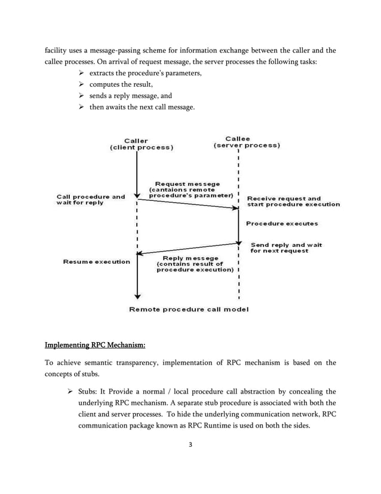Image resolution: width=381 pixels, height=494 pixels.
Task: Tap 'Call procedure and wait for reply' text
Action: coord(90,199)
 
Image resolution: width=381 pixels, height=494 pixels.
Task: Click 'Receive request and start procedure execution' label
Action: coord(293,201)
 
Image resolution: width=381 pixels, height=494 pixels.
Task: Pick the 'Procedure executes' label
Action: coord(282,224)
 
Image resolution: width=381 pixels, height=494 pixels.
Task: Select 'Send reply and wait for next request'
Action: coord(286,248)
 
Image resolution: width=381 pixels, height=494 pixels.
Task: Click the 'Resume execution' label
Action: coord(96,261)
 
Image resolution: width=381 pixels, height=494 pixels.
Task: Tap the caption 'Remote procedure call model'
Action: coord(188,309)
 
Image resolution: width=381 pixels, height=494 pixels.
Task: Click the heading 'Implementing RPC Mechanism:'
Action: coord(95,345)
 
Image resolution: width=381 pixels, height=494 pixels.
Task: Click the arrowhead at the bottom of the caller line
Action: coord(137,295)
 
